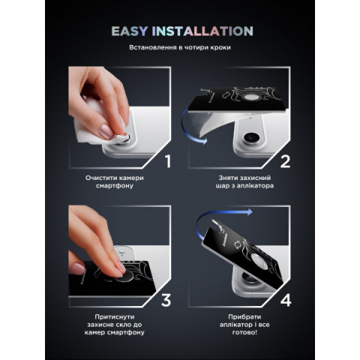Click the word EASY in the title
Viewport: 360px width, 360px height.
[x=129, y=31]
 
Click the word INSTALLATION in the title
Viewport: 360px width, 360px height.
[x=202, y=31]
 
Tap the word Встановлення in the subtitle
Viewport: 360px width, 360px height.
[x=153, y=47]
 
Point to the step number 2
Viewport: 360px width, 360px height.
[x=285, y=161]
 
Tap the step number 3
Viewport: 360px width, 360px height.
[x=166, y=300]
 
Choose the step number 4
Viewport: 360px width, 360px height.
[x=286, y=300]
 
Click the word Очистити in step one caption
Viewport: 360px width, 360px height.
[x=101, y=178]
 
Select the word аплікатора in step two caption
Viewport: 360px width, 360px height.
[x=255, y=186]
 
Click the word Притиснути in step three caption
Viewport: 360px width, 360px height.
[x=115, y=317]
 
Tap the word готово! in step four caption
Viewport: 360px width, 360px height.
[x=244, y=333]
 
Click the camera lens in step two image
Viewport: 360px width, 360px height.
[x=250, y=136]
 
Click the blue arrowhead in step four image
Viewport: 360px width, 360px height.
[x=249, y=212]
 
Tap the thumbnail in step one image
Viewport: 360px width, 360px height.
[x=106, y=131]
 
